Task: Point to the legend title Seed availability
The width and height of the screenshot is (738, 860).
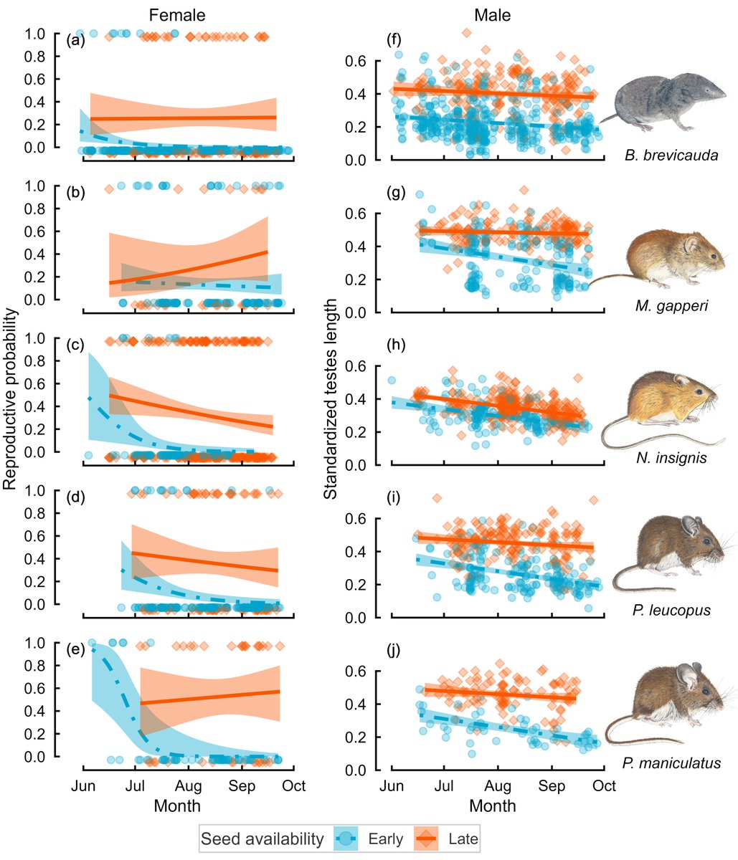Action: pyautogui.click(x=262, y=838)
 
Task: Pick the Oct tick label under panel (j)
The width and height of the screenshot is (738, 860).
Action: pyautogui.click(x=604, y=786)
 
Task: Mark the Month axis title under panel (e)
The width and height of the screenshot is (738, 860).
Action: pyautogui.click(x=177, y=806)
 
